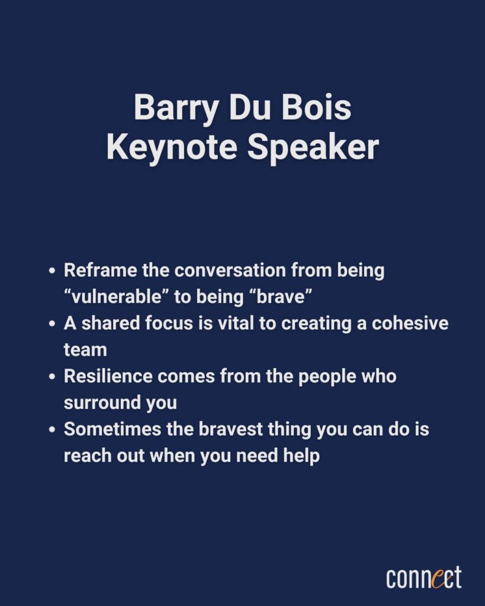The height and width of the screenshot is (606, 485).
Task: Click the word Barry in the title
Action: [x=176, y=108]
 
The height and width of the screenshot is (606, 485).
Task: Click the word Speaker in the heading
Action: [x=313, y=147]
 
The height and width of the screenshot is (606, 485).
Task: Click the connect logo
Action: [x=424, y=578]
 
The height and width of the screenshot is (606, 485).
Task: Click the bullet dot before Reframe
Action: [x=52, y=270]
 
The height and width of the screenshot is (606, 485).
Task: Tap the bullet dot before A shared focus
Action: [x=52, y=324]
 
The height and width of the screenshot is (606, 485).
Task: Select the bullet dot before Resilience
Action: [x=52, y=376]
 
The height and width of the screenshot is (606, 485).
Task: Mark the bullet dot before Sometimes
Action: [x=52, y=430]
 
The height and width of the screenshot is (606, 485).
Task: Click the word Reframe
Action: [x=100, y=270]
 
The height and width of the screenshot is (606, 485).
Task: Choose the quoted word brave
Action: [x=281, y=296]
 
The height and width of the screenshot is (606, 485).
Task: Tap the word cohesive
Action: [x=410, y=323]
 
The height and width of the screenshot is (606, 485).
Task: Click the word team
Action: [x=85, y=350]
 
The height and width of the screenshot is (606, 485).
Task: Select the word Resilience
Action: [x=108, y=376]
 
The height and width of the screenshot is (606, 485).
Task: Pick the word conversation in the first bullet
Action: [x=230, y=270]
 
